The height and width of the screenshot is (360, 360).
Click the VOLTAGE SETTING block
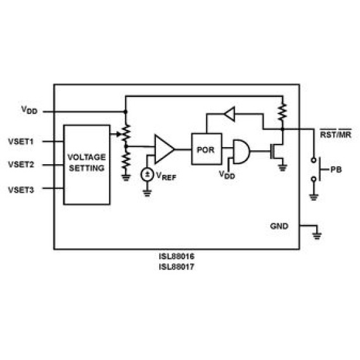pyautogui.click(x=87, y=165)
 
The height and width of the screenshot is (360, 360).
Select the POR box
pyautogui.click(x=207, y=149)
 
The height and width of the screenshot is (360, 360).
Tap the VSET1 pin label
pyautogui.click(x=21, y=141)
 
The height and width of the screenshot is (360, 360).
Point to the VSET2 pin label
pyautogui.click(x=21, y=165)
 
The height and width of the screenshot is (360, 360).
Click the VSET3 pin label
pyautogui.click(x=21, y=190)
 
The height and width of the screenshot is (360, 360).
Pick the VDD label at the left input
pyautogui.click(x=29, y=110)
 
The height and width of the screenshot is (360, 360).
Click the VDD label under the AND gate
pyautogui.click(x=227, y=175)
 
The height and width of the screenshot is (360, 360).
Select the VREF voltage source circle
pyautogui.click(x=147, y=174)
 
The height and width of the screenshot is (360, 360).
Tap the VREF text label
pyautogui.click(x=166, y=176)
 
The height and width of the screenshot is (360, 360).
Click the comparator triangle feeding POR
pyautogui.click(x=164, y=149)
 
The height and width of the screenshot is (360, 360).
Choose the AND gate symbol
pyautogui.click(x=241, y=151)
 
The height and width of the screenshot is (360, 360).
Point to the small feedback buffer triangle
pyautogui.click(x=229, y=114)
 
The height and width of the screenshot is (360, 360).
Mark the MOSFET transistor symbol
pyautogui.click(x=277, y=151)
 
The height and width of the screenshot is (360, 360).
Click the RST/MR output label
pyautogui.click(x=336, y=134)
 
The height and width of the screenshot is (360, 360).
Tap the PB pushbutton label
pyautogui.click(x=336, y=170)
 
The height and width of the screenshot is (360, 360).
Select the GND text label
pyautogui.click(x=279, y=226)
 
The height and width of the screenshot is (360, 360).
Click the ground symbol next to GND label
pyautogui.click(x=317, y=235)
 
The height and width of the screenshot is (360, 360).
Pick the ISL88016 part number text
pyautogui.click(x=177, y=256)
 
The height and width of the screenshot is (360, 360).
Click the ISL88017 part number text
pyautogui.click(x=177, y=267)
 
